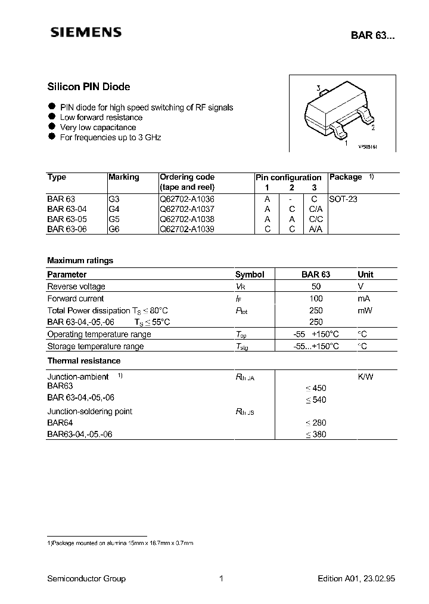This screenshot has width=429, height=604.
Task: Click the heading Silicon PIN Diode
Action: tap(88, 87)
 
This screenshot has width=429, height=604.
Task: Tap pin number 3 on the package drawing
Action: tap(319, 89)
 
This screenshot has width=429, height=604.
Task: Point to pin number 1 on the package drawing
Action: tap(347, 143)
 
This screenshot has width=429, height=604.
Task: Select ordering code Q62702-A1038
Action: tap(187, 219)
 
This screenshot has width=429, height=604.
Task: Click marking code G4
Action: tap(114, 209)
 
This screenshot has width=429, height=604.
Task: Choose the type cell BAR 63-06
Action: tap(67, 229)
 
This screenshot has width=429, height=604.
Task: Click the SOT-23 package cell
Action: tap(343, 199)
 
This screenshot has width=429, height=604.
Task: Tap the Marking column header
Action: tap(124, 177)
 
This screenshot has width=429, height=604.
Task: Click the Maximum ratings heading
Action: tap(80, 260)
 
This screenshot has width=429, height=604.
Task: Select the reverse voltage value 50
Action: tap(316, 286)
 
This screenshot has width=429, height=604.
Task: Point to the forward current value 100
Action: tap(316, 298)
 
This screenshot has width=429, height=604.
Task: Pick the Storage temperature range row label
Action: tap(95, 346)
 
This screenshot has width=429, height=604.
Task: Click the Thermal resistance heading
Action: tap(83, 360)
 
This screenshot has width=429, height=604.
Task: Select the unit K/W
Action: tap(365, 377)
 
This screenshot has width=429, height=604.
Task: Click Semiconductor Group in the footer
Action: tap(86, 578)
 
